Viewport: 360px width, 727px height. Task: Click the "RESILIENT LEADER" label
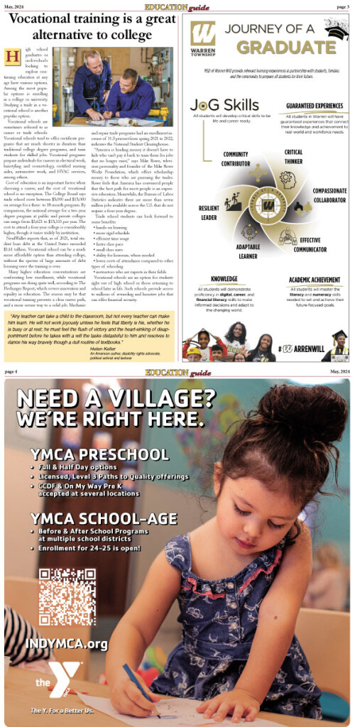209,212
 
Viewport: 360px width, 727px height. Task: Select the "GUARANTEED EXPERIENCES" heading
309,106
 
